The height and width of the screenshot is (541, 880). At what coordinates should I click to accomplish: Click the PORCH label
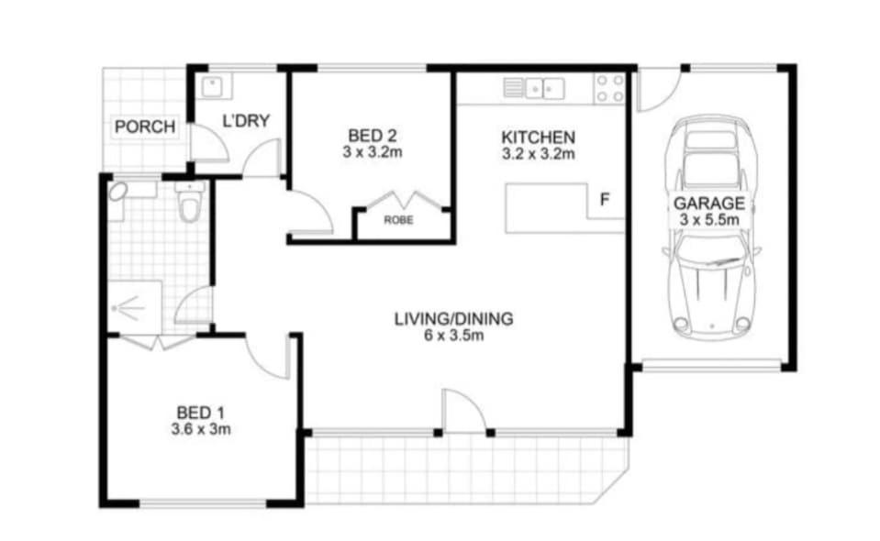(x=145, y=127)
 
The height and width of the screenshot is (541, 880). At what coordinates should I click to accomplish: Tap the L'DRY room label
(x=246, y=120)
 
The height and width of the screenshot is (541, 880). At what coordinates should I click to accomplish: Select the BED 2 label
(x=372, y=136)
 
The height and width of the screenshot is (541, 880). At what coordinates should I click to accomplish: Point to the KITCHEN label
(x=538, y=138)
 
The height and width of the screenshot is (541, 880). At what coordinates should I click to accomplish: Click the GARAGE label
(x=709, y=203)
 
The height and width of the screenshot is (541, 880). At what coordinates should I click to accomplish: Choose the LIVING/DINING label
(x=453, y=319)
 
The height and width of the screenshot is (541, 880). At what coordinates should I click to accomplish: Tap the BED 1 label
(x=200, y=414)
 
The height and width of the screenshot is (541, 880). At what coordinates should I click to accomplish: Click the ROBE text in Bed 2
(x=398, y=220)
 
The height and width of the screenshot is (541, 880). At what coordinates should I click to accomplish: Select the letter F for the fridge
(x=605, y=200)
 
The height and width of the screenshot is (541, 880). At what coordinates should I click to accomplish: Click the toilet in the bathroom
(x=189, y=201)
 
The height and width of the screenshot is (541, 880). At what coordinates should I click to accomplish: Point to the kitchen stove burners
(x=610, y=89)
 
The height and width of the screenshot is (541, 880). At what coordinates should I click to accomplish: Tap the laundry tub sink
(x=212, y=87)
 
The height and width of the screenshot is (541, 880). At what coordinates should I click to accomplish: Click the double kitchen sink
(x=544, y=89)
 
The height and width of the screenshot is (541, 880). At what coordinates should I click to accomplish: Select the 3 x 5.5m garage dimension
(x=709, y=220)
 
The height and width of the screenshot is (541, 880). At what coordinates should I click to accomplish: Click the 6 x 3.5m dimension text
(x=453, y=336)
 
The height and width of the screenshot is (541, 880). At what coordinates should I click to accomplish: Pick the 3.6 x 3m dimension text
(x=200, y=429)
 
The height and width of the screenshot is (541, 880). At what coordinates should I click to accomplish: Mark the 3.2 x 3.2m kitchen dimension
(x=538, y=154)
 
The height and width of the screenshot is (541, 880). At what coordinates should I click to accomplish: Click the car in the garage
(x=711, y=227)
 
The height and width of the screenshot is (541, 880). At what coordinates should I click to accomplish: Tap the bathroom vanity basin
(x=117, y=192)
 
